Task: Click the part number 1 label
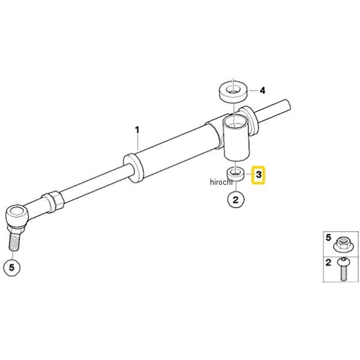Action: pyautogui.click(x=137, y=130)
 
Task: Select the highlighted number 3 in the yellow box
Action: pyautogui.click(x=259, y=175)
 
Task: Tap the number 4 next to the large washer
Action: pyautogui.click(x=262, y=91)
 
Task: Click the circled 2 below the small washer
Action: pyautogui.click(x=236, y=200)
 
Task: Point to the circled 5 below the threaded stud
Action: pyautogui.click(x=12, y=268)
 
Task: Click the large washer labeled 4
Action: pyautogui.click(x=234, y=91)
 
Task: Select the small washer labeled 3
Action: pyautogui.click(x=235, y=174)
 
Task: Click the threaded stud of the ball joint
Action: pyautogui.click(x=14, y=242)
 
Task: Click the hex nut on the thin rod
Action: pyautogui.click(x=52, y=202)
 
